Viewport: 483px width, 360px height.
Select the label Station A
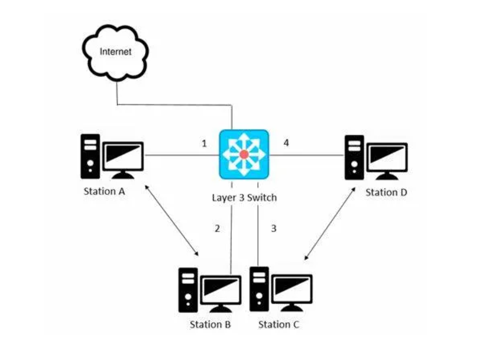coord(104,191)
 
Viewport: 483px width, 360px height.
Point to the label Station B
coord(210,324)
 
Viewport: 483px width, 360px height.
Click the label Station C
coord(278,324)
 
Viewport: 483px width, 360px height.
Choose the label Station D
coord(386,192)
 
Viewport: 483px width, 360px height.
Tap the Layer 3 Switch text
coord(244,198)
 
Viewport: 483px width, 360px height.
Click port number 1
coord(205,144)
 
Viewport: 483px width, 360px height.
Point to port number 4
coord(286,143)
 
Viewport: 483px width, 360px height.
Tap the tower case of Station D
coord(355,157)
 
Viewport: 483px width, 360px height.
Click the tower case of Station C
coord(259,289)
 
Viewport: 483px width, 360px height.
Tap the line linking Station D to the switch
coord(307,156)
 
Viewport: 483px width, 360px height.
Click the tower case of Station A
coord(91,156)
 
